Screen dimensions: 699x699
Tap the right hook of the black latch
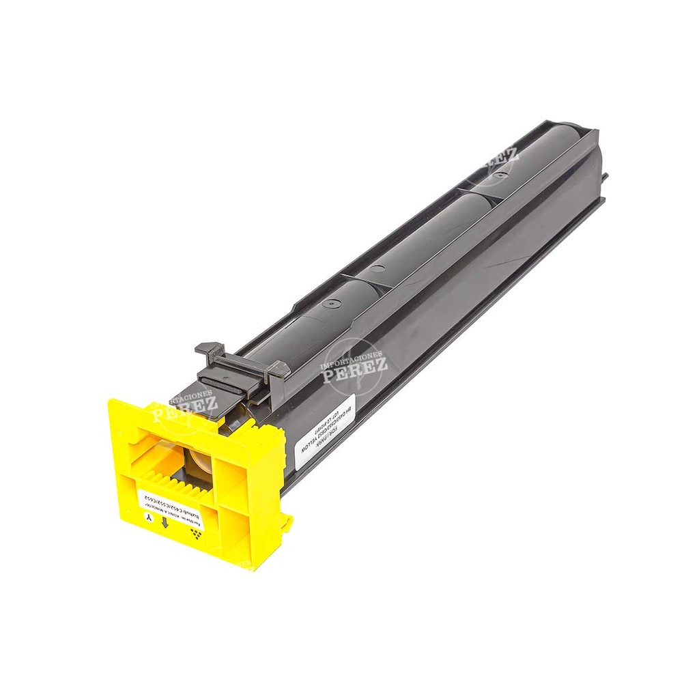(x=280, y=369)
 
